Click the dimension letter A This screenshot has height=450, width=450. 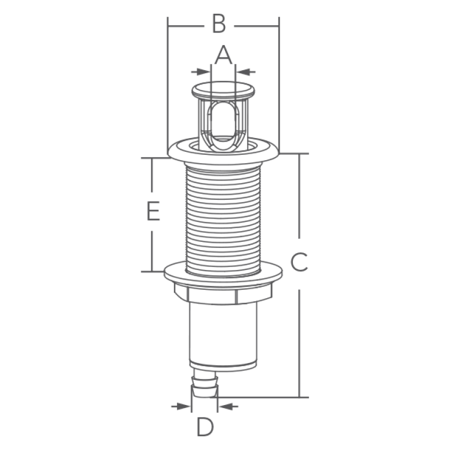(223, 55)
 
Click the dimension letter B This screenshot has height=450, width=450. (219, 23)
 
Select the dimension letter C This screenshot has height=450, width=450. (299, 262)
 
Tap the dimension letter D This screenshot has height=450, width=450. (205, 427)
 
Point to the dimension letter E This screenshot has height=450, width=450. (153, 211)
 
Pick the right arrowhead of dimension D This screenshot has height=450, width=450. (226, 406)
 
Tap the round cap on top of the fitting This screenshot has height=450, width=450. (223, 90)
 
